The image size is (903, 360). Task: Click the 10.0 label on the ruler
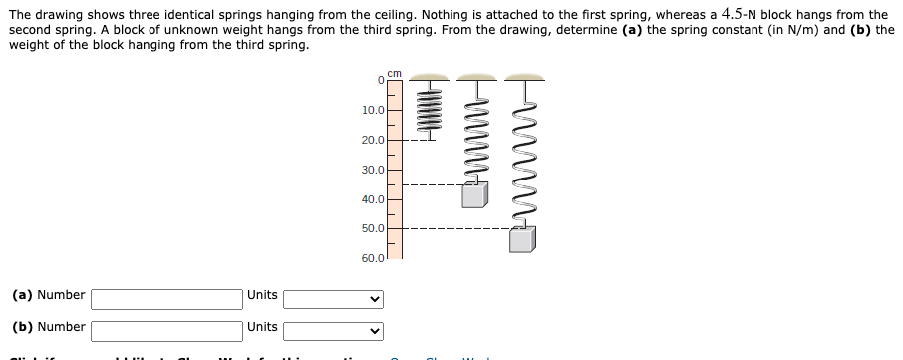(x=374, y=110)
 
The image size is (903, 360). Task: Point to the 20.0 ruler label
(x=374, y=140)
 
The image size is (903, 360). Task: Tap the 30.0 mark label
(x=374, y=170)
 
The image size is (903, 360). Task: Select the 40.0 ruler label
(x=374, y=199)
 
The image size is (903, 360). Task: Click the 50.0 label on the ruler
(x=374, y=228)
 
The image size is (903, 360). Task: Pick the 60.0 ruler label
(x=374, y=258)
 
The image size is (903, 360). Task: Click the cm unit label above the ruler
(x=394, y=73)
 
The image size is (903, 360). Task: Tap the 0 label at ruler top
(x=381, y=80)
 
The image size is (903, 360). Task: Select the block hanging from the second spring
(x=474, y=194)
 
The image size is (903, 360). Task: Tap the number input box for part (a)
(x=167, y=297)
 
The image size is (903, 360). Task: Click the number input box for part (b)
(x=167, y=329)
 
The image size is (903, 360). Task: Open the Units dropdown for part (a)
(x=333, y=297)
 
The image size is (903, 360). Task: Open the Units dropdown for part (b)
(x=333, y=329)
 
